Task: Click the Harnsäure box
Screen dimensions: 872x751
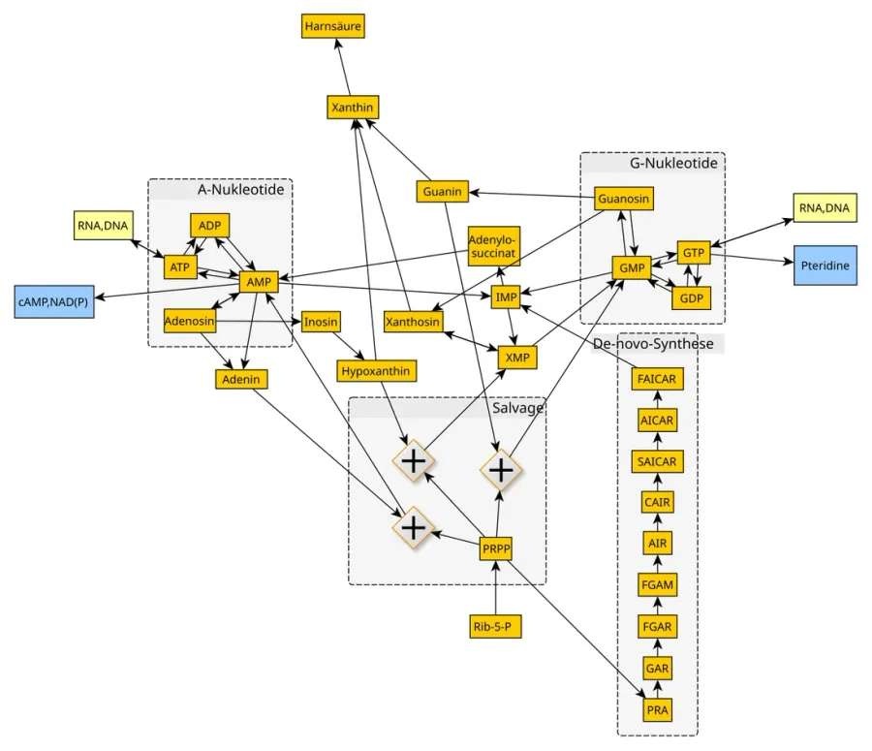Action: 333,26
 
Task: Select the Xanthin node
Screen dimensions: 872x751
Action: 353,107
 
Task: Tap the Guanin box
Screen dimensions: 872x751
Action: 442,191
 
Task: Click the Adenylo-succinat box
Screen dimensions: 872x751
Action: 494,246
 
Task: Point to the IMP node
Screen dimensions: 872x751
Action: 506,297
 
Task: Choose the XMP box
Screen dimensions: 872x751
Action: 517,358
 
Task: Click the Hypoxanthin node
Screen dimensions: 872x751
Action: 376,371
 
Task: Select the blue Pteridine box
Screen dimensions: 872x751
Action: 825,266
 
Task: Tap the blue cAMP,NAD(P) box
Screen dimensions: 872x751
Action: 54,302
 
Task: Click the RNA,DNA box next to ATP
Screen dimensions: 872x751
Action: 103,225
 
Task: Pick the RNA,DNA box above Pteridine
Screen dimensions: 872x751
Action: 825,208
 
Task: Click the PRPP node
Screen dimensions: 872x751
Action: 496,549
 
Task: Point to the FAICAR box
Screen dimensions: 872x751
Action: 657,379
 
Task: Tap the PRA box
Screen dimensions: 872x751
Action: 657,710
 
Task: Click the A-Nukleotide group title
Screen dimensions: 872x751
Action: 240,190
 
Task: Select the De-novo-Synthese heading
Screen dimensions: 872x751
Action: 653,344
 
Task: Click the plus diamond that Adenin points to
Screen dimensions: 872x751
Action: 413,527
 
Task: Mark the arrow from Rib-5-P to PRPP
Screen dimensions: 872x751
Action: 495,588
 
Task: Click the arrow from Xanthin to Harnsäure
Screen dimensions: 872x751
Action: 343,67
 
